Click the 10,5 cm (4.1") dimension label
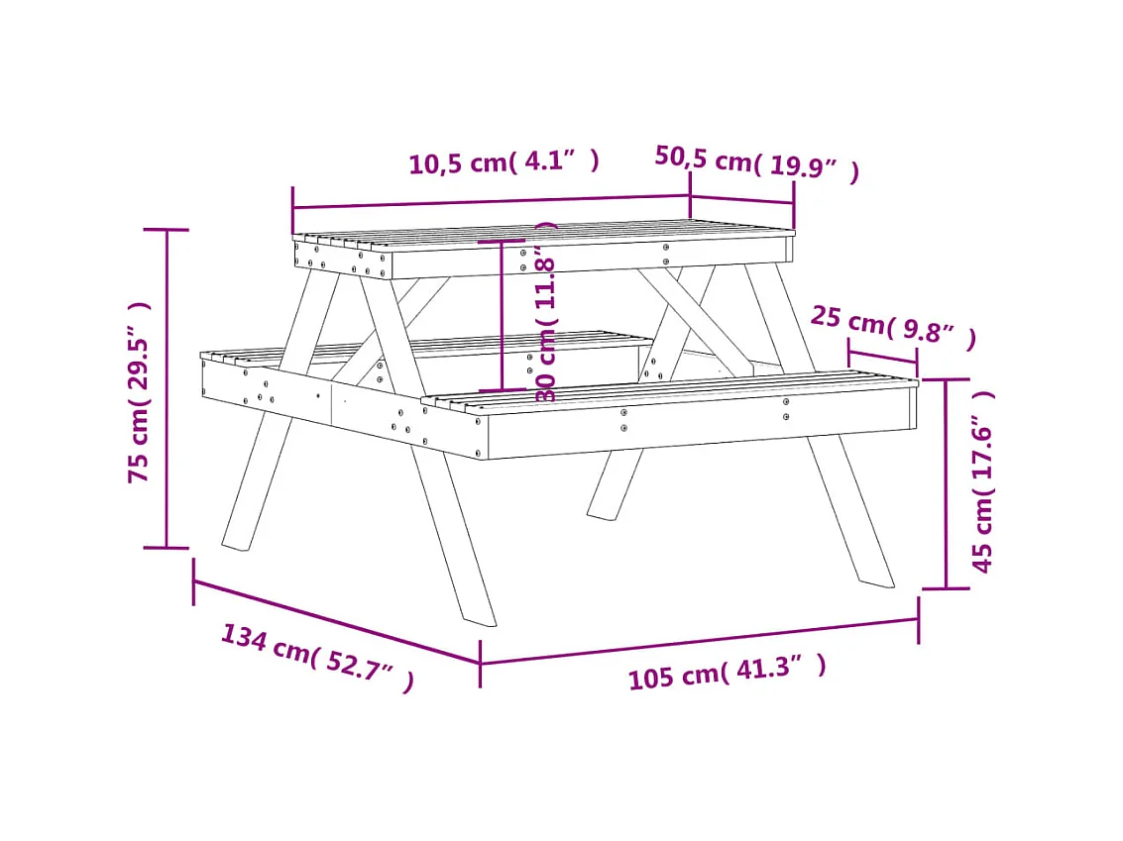pos(505,161)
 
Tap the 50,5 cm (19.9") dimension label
pos(756,163)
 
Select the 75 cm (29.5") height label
pos(139,392)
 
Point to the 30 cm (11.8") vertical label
pos(546,312)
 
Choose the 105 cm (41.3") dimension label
pos(727,673)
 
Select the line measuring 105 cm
pos(699,641)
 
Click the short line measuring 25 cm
pos(882,359)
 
